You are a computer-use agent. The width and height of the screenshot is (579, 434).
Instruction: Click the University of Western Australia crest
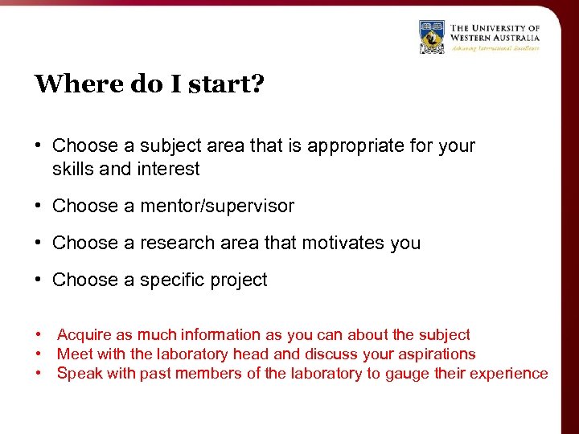(432, 36)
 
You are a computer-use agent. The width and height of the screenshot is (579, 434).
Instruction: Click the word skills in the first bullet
(72, 169)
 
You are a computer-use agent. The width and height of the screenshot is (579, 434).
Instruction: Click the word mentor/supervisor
(217, 206)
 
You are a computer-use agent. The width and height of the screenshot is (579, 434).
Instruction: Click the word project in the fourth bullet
(237, 280)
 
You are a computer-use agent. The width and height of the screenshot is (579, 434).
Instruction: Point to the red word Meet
(73, 354)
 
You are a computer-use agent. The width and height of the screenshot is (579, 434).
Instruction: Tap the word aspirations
(434, 354)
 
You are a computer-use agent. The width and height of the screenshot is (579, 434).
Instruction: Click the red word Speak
(78, 374)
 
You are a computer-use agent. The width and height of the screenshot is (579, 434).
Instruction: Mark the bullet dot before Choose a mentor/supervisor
(39, 206)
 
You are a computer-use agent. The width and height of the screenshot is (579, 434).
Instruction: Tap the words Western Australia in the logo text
(495, 37)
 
